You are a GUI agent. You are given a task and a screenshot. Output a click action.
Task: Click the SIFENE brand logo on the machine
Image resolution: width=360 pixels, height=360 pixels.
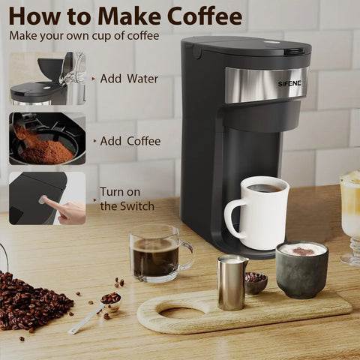coord(289,84)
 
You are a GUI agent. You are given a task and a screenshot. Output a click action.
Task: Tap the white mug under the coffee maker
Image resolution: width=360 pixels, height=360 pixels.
coord(260,212)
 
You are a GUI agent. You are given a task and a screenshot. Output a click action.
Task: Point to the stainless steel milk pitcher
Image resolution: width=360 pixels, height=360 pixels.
coord(232,283)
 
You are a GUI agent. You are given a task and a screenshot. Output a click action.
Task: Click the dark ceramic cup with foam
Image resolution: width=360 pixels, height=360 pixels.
coord(302,269)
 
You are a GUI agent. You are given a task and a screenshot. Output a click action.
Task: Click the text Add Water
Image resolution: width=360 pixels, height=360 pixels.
coord(129,79)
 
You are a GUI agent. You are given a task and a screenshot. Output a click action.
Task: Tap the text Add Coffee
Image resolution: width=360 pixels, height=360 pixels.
coord(130,141)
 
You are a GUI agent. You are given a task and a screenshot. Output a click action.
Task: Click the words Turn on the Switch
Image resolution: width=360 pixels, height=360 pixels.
coord(127,199)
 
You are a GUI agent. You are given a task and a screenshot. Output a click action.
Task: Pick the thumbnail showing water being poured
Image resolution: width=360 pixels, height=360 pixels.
coord(47,79)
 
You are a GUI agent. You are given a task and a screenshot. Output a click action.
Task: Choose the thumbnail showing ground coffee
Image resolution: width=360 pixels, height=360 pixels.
coord(47,139)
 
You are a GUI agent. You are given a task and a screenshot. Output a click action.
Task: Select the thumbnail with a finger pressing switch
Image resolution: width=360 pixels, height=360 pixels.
coord(47,198)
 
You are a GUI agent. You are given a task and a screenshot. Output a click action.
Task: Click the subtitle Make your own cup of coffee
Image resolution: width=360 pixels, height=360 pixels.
coord(84,36)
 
